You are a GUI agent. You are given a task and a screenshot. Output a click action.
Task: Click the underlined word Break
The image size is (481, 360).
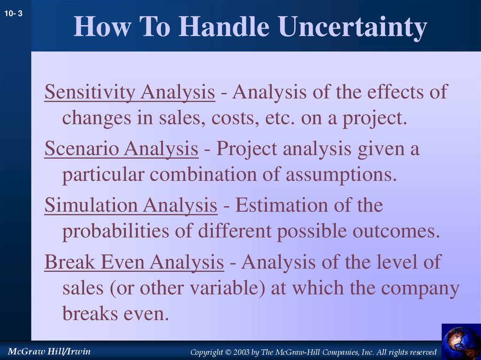(69, 262)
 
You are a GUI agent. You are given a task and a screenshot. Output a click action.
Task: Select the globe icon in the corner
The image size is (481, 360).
(461, 342)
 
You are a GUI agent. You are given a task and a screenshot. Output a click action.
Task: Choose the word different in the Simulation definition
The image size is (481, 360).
(235, 232)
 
